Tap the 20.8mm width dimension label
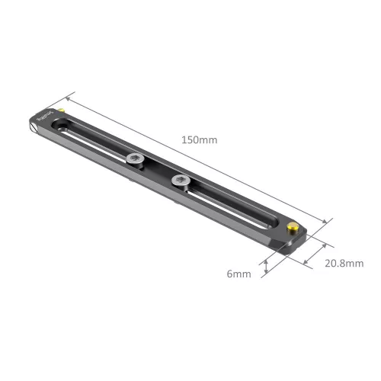[344, 264]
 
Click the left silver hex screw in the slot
[135, 160]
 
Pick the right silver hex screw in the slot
[181, 181]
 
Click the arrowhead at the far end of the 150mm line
[70, 98]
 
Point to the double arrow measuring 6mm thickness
[266, 264]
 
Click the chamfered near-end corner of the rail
[296, 242]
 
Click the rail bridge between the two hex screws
[158, 170]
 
